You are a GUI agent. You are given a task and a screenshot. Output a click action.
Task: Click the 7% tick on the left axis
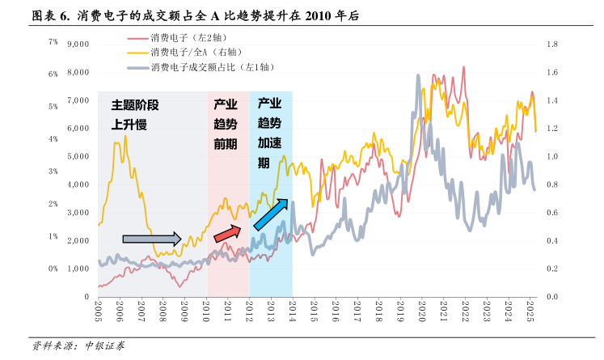[x=53, y=41]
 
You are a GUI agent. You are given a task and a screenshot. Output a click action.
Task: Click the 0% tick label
[x=53, y=269]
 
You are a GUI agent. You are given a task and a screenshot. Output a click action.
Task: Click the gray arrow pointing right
[x=152, y=239]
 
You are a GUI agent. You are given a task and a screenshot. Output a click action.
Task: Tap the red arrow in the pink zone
[x=227, y=233]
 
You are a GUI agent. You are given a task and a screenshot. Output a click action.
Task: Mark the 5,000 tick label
[x=77, y=156]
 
